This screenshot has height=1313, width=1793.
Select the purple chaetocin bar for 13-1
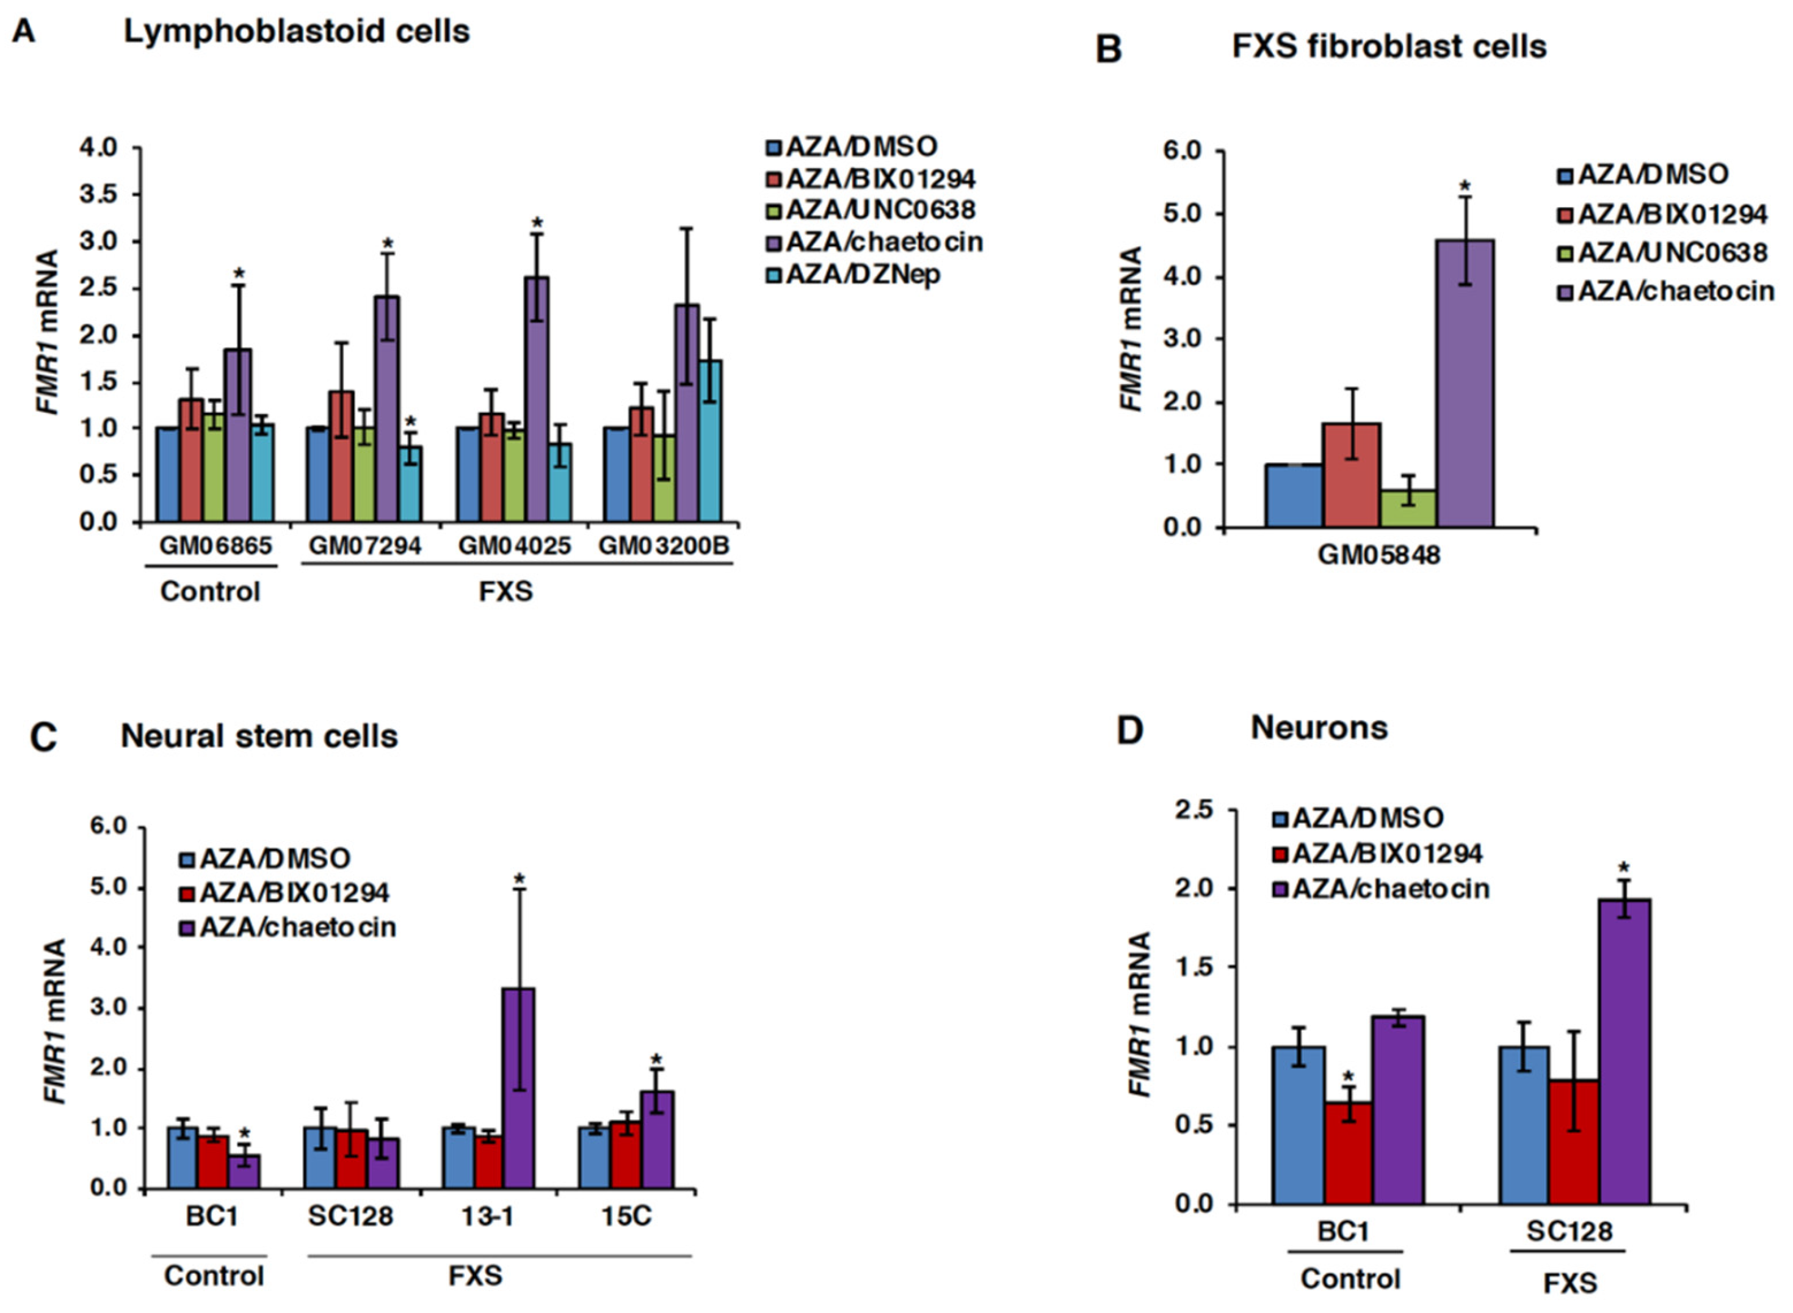519,1089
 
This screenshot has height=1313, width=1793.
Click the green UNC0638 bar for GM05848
1408,509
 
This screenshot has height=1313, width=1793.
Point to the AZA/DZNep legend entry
853,274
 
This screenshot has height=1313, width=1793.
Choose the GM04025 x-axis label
514,546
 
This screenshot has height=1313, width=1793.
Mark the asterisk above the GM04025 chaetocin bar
537,222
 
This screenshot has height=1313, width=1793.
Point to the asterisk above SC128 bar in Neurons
1624,867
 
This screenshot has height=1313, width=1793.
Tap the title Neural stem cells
259,736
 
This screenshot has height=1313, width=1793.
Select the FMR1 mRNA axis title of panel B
1131,329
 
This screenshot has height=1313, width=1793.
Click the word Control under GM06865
210,591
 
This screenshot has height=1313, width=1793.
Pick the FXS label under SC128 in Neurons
1570,1284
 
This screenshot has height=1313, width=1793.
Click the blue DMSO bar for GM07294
319,475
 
